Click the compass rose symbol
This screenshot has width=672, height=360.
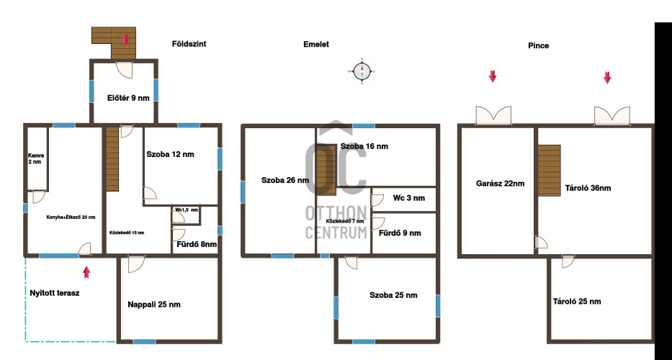click(362, 71)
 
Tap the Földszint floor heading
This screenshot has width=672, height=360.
click(189, 44)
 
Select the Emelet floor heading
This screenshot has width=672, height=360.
click(316, 44)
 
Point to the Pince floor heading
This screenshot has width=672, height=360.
click(538, 45)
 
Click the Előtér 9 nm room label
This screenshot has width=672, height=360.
click(128, 98)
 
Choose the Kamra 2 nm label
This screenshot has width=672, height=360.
click(35, 158)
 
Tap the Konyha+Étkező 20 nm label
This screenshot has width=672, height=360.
click(71, 217)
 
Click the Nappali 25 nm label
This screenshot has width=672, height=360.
click(154, 305)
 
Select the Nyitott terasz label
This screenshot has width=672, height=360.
click(55, 293)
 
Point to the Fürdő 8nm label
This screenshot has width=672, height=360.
click(197, 245)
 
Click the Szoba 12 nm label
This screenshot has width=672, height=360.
click(170, 154)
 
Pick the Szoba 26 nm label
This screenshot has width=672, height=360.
click(285, 181)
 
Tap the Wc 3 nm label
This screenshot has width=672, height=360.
click(409, 198)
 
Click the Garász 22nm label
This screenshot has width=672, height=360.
click(500, 184)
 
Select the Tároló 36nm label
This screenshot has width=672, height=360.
click(588, 188)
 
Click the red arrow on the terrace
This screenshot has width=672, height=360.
click(86, 272)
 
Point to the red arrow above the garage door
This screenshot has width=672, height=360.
click(493, 76)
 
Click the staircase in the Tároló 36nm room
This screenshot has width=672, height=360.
click(550, 171)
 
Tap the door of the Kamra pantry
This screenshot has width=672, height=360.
click(39, 197)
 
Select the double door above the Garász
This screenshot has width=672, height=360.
click(493, 116)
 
